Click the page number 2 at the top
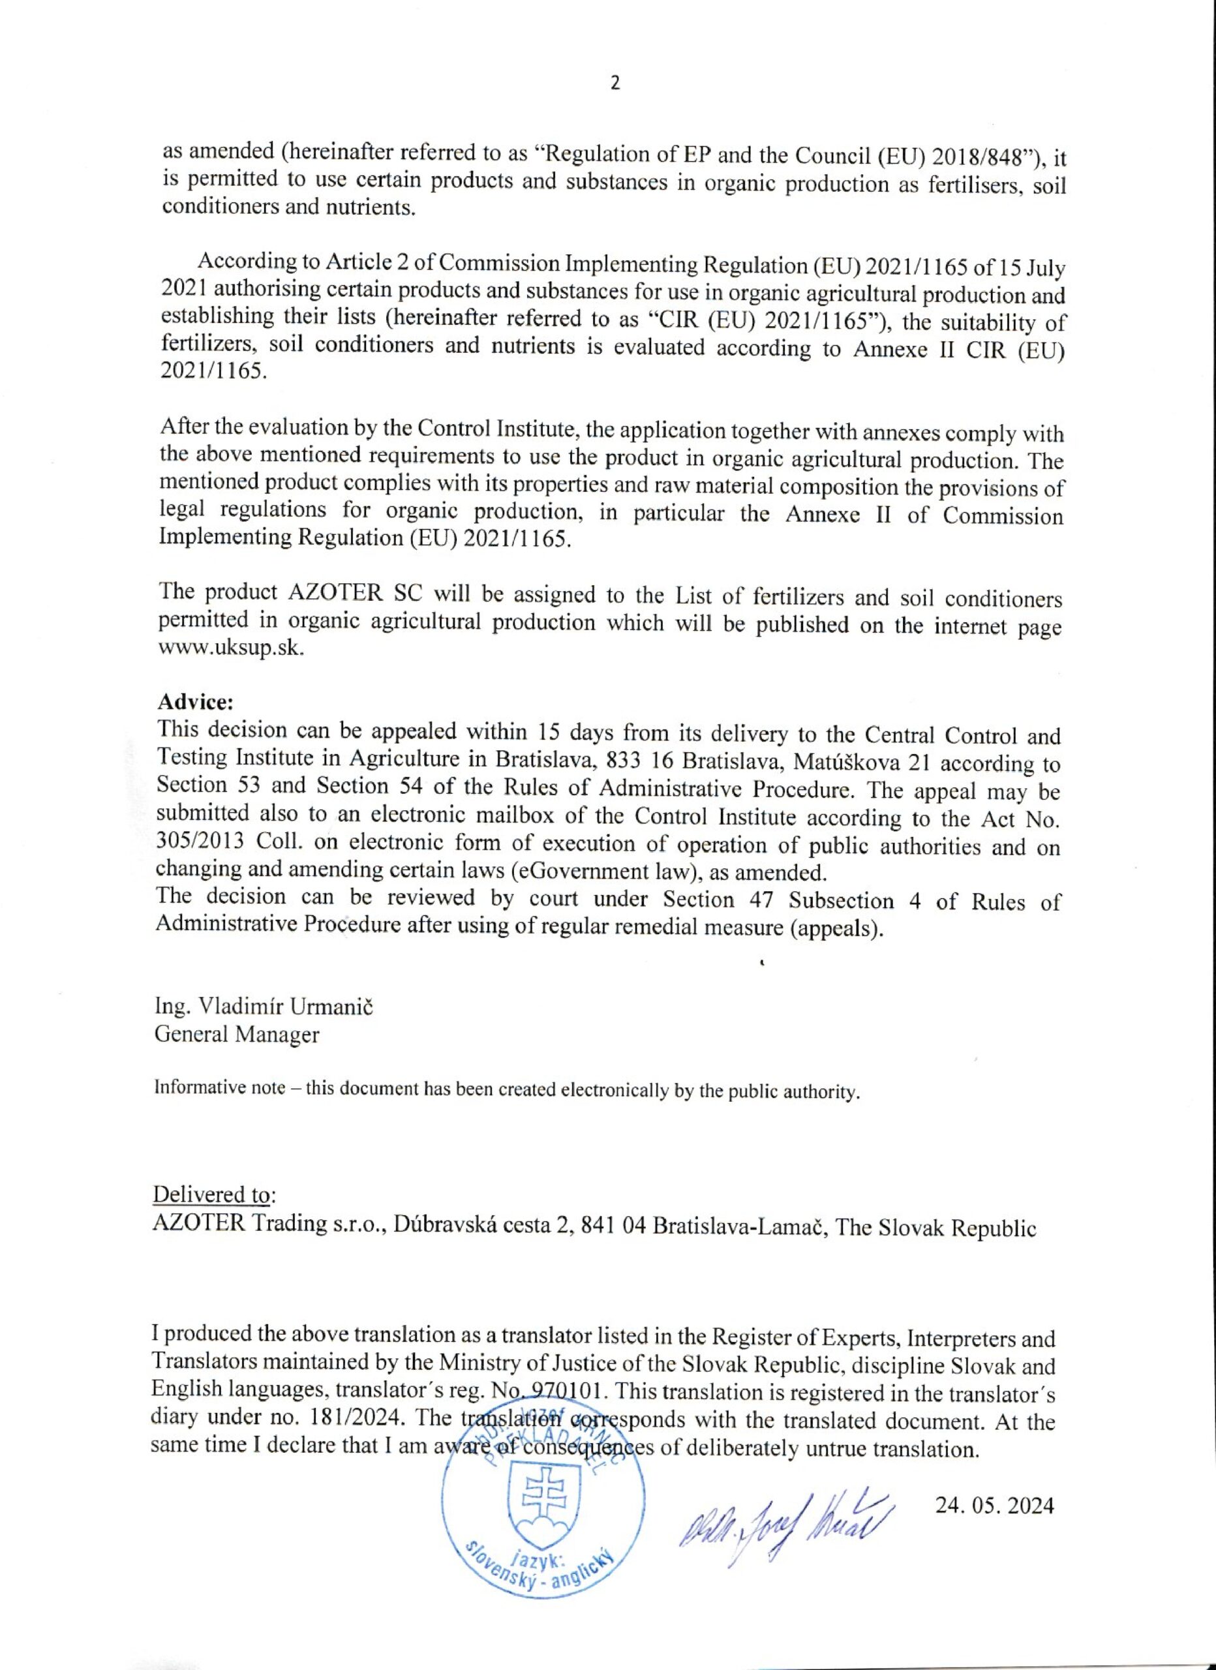pyautogui.click(x=615, y=83)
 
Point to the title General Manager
pyautogui.click(x=236, y=1035)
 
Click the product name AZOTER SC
pyautogui.click(x=353, y=594)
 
